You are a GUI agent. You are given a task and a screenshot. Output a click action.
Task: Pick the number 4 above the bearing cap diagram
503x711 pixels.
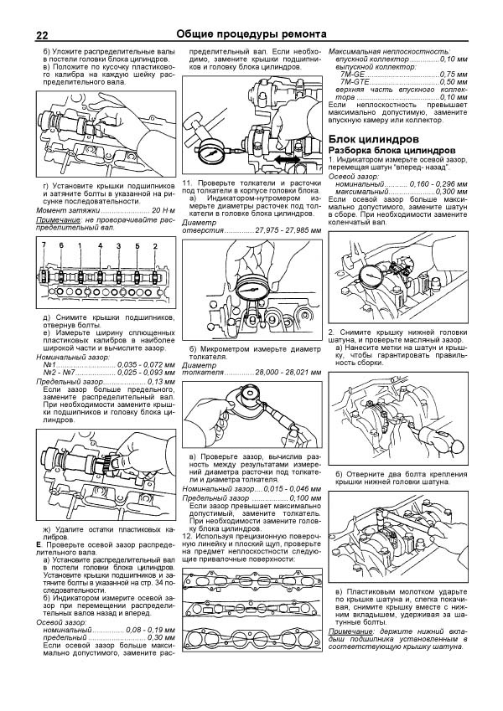coord(99,245)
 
